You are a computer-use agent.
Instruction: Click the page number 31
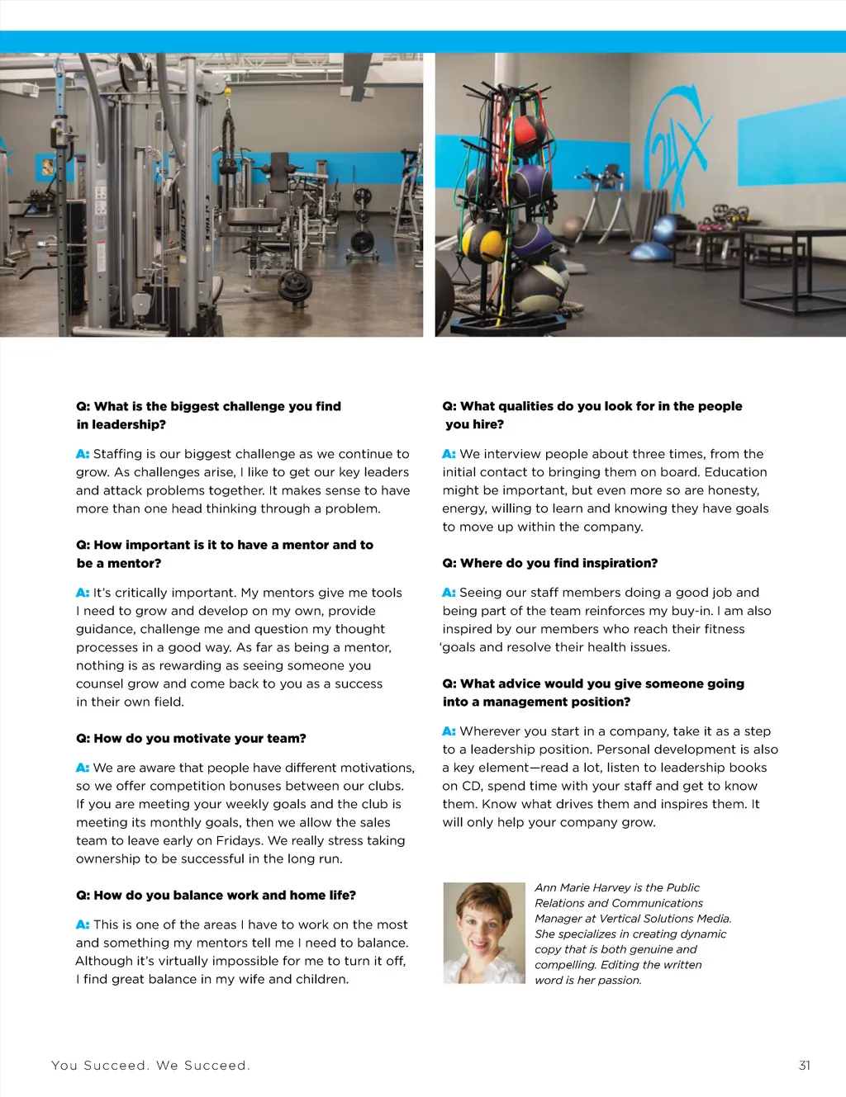(804, 1066)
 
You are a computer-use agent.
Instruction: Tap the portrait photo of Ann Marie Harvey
(484, 933)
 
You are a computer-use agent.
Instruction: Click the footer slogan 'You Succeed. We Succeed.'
(150, 1066)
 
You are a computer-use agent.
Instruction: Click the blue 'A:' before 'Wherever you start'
(449, 731)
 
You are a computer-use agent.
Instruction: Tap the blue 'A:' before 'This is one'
(83, 924)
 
